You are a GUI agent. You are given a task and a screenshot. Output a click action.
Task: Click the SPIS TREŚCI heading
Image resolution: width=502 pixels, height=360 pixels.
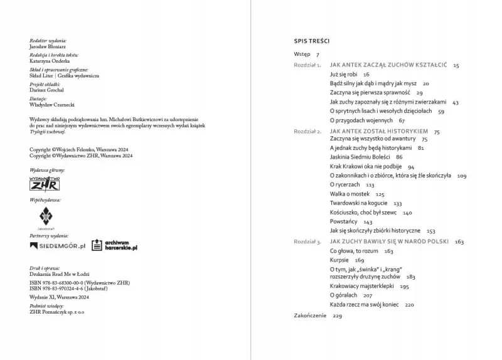click(x=312, y=41)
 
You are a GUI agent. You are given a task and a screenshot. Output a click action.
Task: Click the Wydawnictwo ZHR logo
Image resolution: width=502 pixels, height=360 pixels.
click(x=45, y=184)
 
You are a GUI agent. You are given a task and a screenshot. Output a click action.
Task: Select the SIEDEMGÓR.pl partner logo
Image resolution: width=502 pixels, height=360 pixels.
click(x=58, y=246)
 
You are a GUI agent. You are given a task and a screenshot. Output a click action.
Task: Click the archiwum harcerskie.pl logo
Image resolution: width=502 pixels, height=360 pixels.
click(x=114, y=245)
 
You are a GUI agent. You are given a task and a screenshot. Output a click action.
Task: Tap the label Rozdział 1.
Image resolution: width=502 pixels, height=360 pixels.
click(x=308, y=65)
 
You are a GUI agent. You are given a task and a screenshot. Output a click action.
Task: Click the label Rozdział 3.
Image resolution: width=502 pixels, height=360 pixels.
click(x=308, y=241)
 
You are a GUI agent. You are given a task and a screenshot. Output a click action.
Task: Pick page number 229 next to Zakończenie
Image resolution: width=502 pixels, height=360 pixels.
click(x=338, y=315)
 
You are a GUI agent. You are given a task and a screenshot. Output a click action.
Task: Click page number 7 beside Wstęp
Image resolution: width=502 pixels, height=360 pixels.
click(x=318, y=55)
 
